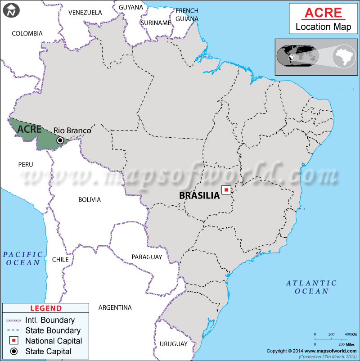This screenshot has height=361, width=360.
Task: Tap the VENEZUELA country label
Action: pyautogui.click(x=85, y=13)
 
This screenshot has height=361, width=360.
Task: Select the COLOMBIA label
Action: pyautogui.click(x=27, y=33)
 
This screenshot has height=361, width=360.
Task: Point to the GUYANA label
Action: pyautogui.click(x=131, y=7)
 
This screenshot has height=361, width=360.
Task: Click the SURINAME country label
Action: pyautogui.click(x=156, y=23)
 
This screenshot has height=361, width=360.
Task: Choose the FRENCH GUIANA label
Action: pyautogui.click(x=187, y=14)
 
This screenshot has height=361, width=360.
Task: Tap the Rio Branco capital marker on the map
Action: pyautogui.click(x=60, y=140)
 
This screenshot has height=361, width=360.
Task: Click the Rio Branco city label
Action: pyautogui.click(x=72, y=131)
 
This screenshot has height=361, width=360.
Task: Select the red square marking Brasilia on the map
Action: pyautogui.click(x=226, y=190)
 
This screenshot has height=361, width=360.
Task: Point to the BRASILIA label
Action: pyautogui.click(x=199, y=195)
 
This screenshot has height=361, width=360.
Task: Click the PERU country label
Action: pyautogui.click(x=26, y=164)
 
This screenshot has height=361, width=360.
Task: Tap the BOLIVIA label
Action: pyautogui.click(x=90, y=199)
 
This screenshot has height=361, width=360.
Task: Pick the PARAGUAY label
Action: pyautogui.click(x=147, y=257)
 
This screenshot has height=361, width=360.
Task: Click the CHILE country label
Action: pyautogui.click(x=60, y=259)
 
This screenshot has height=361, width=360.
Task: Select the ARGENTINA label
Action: pyautogui.click(x=115, y=308)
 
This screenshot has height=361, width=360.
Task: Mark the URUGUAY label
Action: pyautogui.click(x=173, y=344)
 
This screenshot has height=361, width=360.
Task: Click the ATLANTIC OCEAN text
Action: pyautogui.click(x=311, y=287)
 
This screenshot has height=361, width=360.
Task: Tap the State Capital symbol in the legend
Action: pyautogui.click(x=14, y=351)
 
